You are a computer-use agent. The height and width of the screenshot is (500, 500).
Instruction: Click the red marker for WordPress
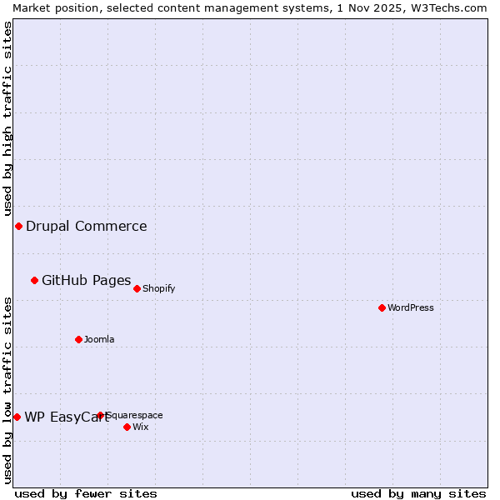382,307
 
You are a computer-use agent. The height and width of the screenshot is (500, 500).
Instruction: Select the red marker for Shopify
137,288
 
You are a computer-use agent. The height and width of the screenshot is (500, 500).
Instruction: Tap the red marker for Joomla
78,339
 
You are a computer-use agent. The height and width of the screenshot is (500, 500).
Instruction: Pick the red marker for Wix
127,427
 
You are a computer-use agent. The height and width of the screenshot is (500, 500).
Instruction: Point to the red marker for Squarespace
100,415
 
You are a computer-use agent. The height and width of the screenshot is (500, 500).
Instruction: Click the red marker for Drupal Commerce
18,226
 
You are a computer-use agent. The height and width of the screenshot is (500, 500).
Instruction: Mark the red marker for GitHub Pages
34,280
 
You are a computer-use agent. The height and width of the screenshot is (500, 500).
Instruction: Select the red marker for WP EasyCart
17,417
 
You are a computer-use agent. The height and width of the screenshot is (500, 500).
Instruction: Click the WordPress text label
411,307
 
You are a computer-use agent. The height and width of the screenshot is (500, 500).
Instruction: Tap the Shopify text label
158,288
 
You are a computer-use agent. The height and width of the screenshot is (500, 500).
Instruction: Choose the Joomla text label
99,339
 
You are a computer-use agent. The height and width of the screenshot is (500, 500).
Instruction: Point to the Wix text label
140,427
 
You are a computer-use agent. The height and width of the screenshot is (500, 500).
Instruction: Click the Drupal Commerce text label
87,226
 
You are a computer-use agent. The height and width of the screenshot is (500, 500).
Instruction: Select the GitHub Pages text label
87,280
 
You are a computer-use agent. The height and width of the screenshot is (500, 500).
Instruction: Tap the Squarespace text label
135,415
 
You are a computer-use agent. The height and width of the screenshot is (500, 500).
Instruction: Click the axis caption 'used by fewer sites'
86,493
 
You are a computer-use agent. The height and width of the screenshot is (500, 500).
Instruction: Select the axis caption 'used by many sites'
418,493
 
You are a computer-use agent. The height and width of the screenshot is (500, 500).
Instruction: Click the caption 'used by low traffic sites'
7,390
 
